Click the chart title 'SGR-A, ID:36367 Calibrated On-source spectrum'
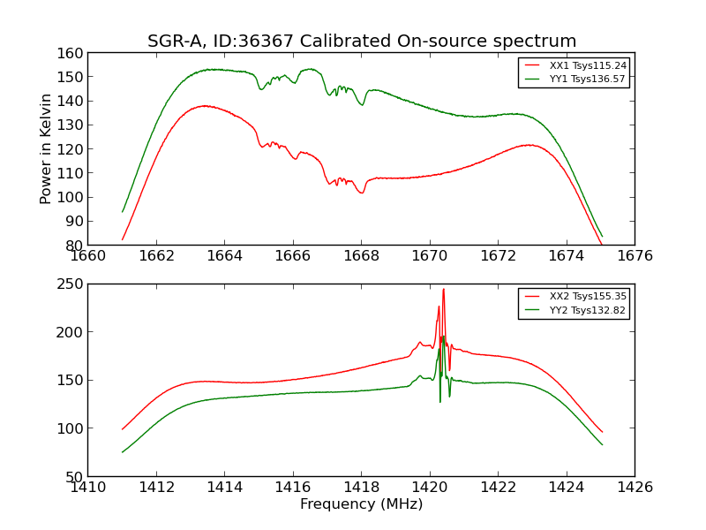pyautogui.click(x=362, y=41)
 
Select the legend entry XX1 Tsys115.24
pyautogui.click(x=588, y=65)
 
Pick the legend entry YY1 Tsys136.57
pyautogui.click(x=588, y=79)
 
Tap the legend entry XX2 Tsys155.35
pyautogui.click(x=588, y=298)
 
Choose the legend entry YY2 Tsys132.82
pyautogui.click(x=588, y=311)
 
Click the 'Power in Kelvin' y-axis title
pyautogui.click(x=46, y=148)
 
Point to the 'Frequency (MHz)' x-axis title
pyautogui.click(x=361, y=504)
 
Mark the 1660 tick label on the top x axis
pyautogui.click(x=88, y=256)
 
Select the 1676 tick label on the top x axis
pyautogui.click(x=635, y=256)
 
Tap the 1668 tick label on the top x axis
pyautogui.click(x=361, y=256)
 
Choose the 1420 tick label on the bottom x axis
pyautogui.click(x=430, y=487)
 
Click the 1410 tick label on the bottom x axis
pyautogui.click(x=88, y=487)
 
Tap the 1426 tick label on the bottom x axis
pyautogui.click(x=635, y=487)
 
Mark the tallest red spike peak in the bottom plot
pyautogui.click(x=443, y=290)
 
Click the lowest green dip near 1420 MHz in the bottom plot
pyautogui.click(x=440, y=402)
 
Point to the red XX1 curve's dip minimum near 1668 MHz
pyautogui.click(x=361, y=193)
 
